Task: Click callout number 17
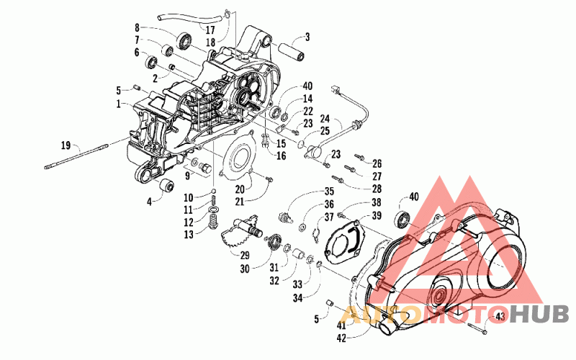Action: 210,30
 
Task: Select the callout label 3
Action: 307,37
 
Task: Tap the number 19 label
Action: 66,145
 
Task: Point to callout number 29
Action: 245,256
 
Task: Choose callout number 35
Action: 328,192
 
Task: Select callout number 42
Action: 342,336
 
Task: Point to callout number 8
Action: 136,28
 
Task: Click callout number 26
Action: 377,163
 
